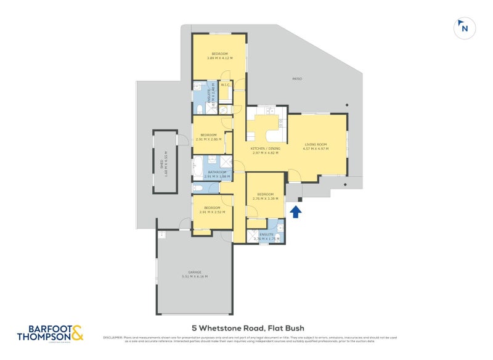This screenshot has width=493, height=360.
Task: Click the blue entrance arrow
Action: (x=295, y=211)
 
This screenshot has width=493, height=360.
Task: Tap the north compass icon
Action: (x=465, y=28)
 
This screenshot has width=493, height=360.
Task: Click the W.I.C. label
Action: (x=226, y=85)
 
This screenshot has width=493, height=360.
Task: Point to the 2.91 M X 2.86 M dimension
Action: (x=208, y=139)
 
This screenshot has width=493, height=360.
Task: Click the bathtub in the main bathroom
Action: (x=198, y=168)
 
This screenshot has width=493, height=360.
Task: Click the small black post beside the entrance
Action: (x=300, y=199)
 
